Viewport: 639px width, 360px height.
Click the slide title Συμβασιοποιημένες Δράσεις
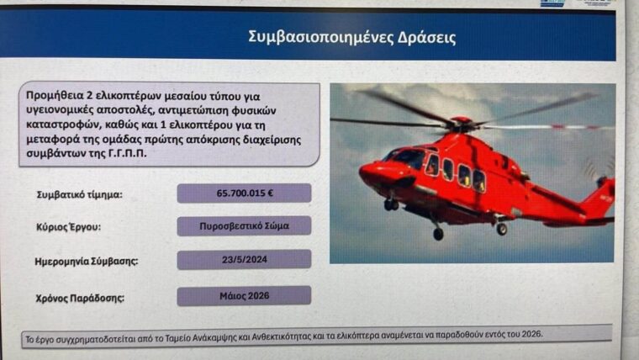tap(351, 37)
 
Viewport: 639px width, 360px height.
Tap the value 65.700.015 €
tap(244, 193)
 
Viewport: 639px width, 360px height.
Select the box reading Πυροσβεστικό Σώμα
tap(244, 226)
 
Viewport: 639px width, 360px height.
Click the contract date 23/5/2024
tap(244, 259)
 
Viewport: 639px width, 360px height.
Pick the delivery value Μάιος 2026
tap(244, 296)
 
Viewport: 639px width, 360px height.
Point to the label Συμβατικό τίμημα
tap(80, 195)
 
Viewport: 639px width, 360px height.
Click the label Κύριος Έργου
tap(68, 227)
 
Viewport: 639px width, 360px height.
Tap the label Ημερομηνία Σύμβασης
tap(87, 262)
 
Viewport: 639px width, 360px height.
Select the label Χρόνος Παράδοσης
tap(80, 299)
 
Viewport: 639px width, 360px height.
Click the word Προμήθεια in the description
tap(55, 96)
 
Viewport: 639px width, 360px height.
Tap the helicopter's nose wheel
tap(391, 204)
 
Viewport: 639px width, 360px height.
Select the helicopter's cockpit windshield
tap(404, 159)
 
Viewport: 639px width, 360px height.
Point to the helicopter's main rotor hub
tap(461, 122)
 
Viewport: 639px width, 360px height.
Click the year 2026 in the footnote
tap(532, 334)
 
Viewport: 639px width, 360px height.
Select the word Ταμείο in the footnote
tap(178, 338)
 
